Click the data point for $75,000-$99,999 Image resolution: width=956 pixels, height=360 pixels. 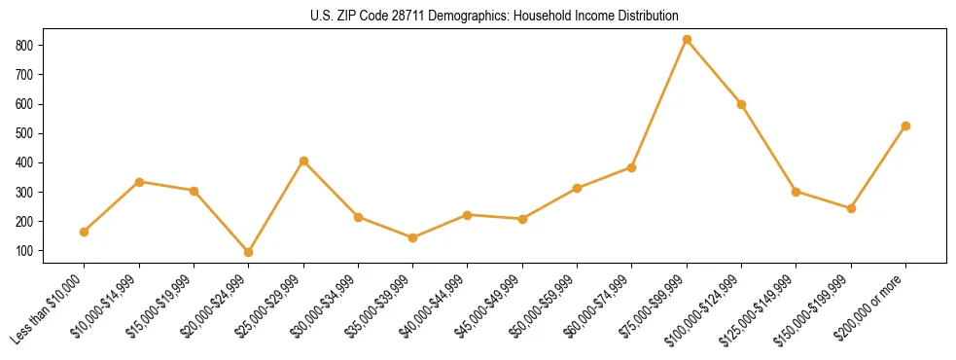point(687,39)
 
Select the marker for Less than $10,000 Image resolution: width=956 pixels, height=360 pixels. point(85,232)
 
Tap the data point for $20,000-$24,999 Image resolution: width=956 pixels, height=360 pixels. point(249,252)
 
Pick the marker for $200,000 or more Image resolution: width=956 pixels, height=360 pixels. point(905,126)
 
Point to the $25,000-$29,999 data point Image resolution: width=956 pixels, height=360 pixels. point(303,161)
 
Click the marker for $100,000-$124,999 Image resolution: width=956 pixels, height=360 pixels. point(741,104)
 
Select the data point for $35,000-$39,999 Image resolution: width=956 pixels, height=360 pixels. point(413,237)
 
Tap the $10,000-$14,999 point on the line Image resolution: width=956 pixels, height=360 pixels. point(139,182)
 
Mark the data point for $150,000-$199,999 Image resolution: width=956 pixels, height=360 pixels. point(851,208)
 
